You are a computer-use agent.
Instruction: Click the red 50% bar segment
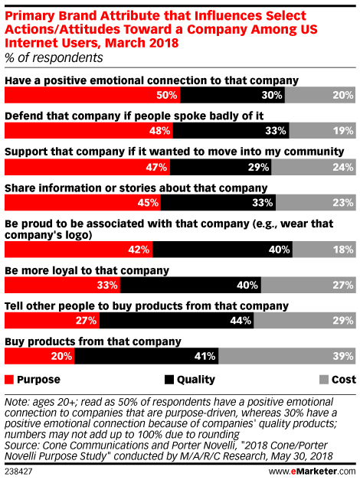click(92, 95)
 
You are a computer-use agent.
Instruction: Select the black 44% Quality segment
click(177, 321)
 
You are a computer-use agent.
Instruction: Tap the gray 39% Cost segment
click(287, 356)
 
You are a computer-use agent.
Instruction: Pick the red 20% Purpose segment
click(40, 356)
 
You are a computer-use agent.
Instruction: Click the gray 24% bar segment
click(313, 167)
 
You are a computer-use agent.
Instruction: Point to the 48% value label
click(159, 131)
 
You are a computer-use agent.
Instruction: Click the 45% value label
click(148, 203)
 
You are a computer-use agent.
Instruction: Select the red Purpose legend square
click(9, 380)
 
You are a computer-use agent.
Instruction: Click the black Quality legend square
click(169, 380)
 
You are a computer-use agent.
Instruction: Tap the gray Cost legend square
click(324, 380)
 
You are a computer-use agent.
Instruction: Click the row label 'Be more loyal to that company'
click(87, 270)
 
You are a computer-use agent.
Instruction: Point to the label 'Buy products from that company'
click(93, 341)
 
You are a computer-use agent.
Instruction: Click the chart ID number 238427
click(18, 471)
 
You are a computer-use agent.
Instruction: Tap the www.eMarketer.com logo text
click(313, 471)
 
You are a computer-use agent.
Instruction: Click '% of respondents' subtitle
click(54, 57)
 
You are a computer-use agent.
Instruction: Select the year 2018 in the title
click(164, 43)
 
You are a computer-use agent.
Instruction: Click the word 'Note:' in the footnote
click(17, 402)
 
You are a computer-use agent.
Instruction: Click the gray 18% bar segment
click(324, 249)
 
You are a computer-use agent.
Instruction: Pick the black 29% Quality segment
click(221, 167)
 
